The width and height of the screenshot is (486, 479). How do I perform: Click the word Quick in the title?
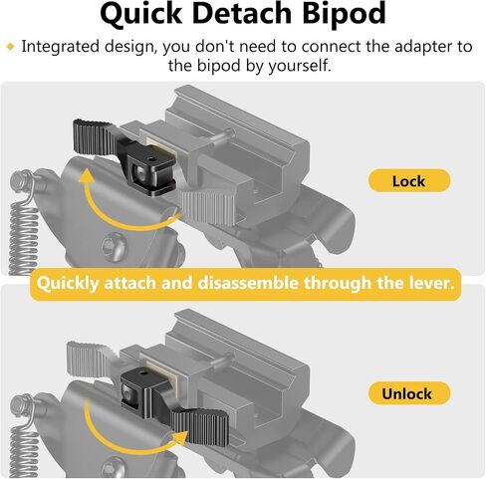tap(140, 14)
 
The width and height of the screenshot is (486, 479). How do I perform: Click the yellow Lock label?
tap(409, 181)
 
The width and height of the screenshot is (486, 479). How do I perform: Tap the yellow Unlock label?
tap(409, 393)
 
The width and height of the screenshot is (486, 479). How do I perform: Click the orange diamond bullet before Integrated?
tap(11, 47)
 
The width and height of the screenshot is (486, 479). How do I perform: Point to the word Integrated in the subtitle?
tap(60, 47)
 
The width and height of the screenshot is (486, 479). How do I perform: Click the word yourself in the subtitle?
tap(300, 66)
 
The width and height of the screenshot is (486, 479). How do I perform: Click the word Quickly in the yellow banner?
tap(68, 284)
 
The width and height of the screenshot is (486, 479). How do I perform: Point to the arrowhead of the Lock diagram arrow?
tap(87, 176)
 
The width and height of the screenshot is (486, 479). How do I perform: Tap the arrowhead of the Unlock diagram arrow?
tap(180, 439)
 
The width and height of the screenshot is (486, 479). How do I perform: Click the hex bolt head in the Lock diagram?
tap(112, 246)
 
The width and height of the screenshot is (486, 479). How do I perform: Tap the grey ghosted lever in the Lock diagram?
tap(207, 207)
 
